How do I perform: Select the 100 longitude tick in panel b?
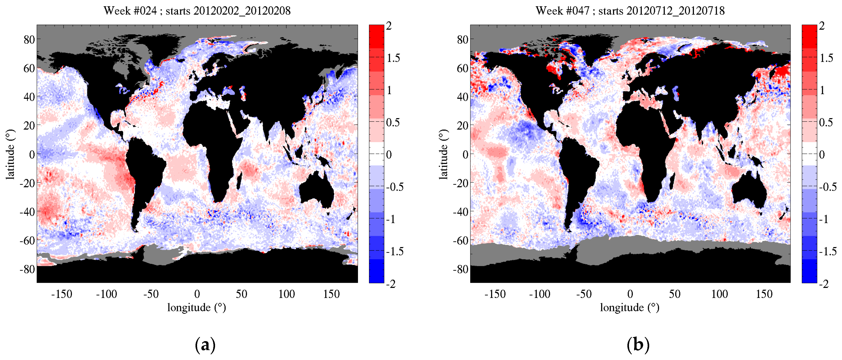click(x=720, y=294)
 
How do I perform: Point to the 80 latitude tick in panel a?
click(x=29, y=40)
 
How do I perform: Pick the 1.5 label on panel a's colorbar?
click(x=393, y=58)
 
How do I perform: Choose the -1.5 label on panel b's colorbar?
click(x=828, y=251)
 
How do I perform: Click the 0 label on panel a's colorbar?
click(x=389, y=155)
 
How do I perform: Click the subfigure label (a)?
click(x=205, y=345)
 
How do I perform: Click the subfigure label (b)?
click(x=638, y=345)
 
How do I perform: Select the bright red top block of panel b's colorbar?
click(x=809, y=36)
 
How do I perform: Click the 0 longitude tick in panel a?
click(x=197, y=294)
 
